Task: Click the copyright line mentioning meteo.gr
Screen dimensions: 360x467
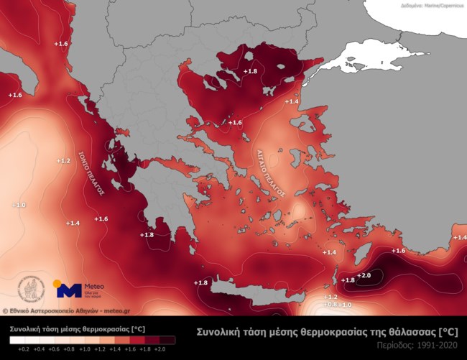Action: pyautogui.click(x=65, y=311)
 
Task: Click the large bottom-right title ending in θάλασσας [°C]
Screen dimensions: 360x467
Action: pyautogui.click(x=327, y=331)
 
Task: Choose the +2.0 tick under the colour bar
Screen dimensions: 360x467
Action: pyautogui.click(x=160, y=348)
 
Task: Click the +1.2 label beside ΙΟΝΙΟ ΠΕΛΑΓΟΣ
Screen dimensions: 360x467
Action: pyautogui.click(x=63, y=160)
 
